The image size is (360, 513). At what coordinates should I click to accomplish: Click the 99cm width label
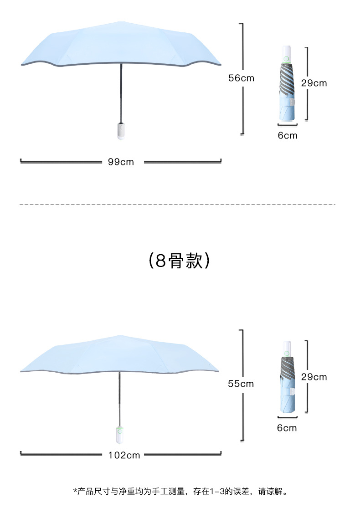click(x=121, y=162)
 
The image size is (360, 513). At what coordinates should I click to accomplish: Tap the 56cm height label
click(x=241, y=78)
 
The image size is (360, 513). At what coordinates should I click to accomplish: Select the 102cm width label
click(x=124, y=455)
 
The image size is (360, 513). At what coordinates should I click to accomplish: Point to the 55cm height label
click(x=241, y=384)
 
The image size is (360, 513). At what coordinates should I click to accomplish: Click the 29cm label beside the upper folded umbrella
click(x=314, y=83)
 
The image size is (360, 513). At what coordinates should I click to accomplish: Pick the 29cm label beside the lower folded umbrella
click(x=314, y=377)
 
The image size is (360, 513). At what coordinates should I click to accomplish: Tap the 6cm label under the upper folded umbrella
click(x=288, y=135)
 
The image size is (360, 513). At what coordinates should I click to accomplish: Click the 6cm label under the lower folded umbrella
click(x=287, y=428)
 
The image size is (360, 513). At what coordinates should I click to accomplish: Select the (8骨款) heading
click(x=180, y=261)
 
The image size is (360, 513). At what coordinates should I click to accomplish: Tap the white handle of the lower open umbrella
click(x=119, y=435)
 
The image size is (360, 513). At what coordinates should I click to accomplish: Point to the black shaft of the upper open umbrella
click(x=121, y=91)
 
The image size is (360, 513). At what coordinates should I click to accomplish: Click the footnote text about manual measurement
click(x=180, y=491)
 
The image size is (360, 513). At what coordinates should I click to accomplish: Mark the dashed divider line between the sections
click(x=178, y=205)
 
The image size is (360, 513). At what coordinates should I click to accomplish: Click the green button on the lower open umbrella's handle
click(x=119, y=431)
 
